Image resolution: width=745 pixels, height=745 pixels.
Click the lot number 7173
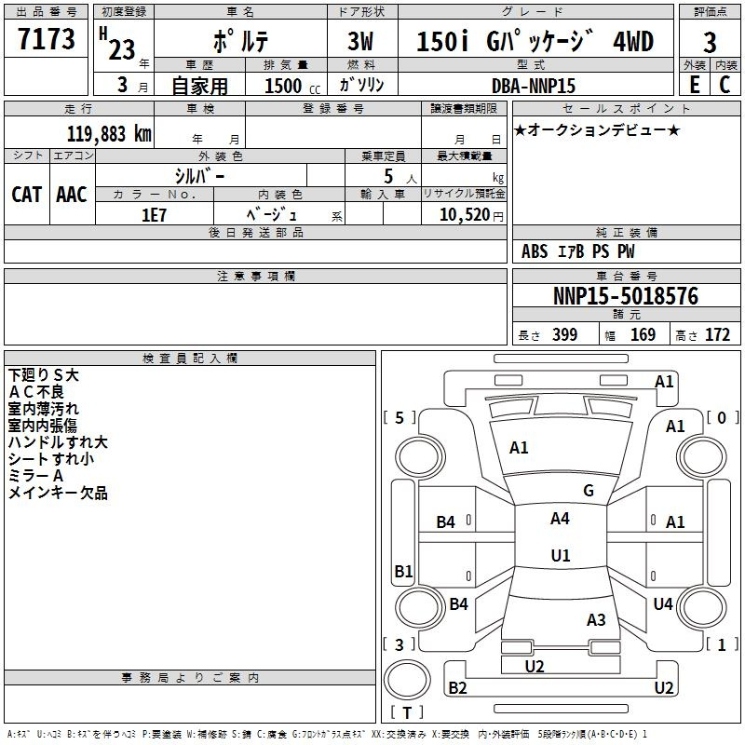point(46,38)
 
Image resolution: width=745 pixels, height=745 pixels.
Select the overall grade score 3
point(710,42)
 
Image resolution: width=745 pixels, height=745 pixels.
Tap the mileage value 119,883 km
point(109,133)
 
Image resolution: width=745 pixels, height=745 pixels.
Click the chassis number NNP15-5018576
point(626,295)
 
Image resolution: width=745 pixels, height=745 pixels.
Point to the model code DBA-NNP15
point(533,86)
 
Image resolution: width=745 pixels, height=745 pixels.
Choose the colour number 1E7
point(154,215)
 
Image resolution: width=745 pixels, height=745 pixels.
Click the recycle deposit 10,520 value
point(465,215)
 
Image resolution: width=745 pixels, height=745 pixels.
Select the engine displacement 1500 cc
point(292,86)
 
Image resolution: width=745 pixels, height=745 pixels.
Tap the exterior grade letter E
point(695,85)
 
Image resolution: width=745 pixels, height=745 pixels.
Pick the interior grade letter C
point(725,85)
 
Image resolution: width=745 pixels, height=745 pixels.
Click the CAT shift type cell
point(27,195)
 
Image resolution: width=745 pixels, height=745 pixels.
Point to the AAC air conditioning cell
point(72,195)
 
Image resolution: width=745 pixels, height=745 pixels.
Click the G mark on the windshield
point(589,491)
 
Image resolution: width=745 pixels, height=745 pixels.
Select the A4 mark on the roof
point(560,519)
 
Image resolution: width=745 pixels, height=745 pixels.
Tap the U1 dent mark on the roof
point(561,555)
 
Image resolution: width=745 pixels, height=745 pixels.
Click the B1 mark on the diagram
point(403,571)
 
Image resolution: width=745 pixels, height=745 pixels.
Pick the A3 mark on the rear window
point(596,619)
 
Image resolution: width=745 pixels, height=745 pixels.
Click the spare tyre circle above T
point(407,679)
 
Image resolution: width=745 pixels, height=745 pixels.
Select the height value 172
point(717,334)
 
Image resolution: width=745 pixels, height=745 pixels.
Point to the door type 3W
point(360,41)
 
